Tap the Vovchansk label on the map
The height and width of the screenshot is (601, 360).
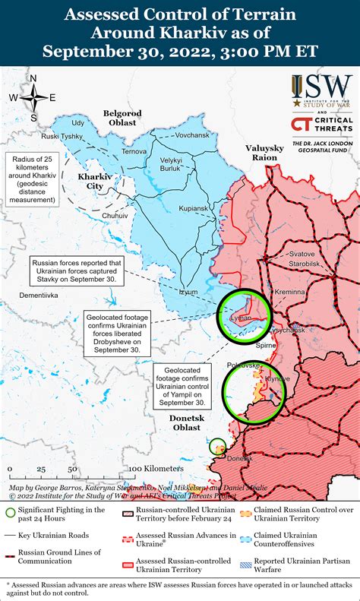[x=171, y=134]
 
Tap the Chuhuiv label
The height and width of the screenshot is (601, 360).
[x=115, y=216]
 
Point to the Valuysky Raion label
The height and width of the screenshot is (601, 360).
[x=265, y=152]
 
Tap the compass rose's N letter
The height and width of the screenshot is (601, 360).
[x=34, y=77]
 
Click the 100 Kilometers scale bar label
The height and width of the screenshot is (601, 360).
[x=156, y=468]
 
